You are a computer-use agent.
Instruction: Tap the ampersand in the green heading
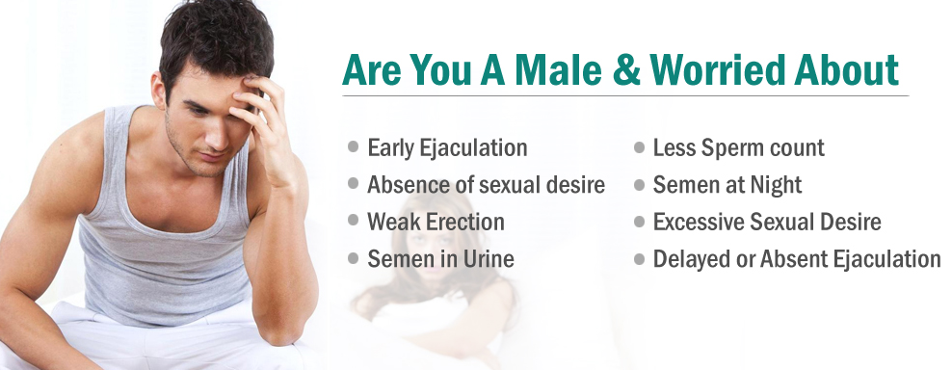pos(626,70)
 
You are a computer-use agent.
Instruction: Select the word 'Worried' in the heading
pos(723,70)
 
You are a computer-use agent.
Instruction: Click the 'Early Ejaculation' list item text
pos(447,148)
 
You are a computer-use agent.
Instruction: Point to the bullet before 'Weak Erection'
pos(354,221)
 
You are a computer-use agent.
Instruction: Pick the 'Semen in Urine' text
pos(440,259)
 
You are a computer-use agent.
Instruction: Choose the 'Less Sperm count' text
pos(738,148)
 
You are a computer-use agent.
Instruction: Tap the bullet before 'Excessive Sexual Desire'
pos(639,222)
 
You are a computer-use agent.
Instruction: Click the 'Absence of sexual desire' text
pos(486,185)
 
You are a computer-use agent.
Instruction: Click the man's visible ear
pos(158,92)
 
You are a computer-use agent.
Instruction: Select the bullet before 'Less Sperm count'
pos(639,147)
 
